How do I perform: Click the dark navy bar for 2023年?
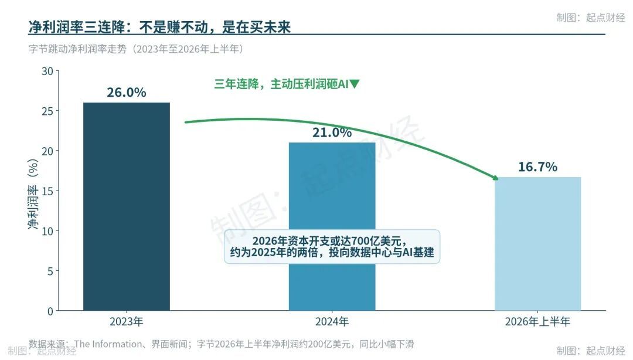(x=127, y=206)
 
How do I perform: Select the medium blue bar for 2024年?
(x=332, y=226)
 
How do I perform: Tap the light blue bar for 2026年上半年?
(x=537, y=244)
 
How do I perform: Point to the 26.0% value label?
(x=127, y=93)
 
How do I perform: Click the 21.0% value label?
(x=332, y=133)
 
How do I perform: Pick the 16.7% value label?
(x=537, y=167)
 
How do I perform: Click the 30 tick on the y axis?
(x=47, y=72)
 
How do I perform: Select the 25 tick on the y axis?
(x=47, y=111)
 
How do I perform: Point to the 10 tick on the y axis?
(x=47, y=231)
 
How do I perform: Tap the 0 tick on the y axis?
(x=50, y=311)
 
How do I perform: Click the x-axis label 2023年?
(x=127, y=322)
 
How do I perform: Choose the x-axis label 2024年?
(x=332, y=322)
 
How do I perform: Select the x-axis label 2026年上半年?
(x=537, y=322)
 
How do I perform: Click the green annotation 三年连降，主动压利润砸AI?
(x=281, y=84)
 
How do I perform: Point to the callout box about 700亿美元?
(x=332, y=246)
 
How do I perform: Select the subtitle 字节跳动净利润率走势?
(x=77, y=49)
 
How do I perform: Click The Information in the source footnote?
(x=108, y=344)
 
